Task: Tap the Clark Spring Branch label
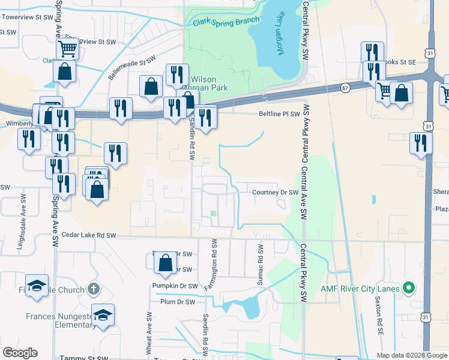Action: click(x=226, y=22)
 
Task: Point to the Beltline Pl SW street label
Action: click(x=279, y=113)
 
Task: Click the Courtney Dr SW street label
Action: click(x=275, y=193)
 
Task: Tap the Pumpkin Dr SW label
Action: click(x=174, y=286)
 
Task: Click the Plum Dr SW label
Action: click(x=177, y=302)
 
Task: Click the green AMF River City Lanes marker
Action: click(x=410, y=289)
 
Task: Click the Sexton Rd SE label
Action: click(x=379, y=315)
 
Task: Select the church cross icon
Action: click(x=92, y=289)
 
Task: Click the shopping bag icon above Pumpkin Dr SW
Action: click(x=165, y=262)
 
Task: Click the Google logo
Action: click(x=20, y=353)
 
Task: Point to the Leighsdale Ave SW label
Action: click(x=23, y=212)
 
